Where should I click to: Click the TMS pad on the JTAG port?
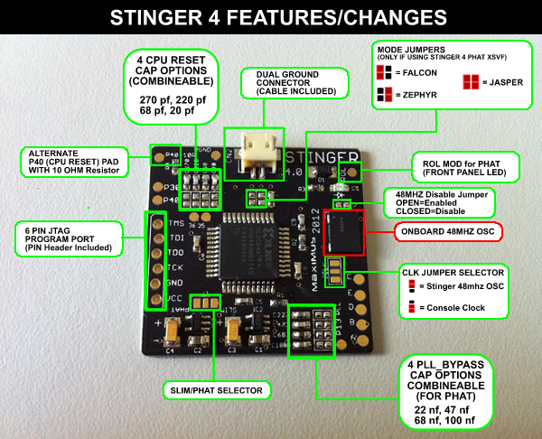(156, 221)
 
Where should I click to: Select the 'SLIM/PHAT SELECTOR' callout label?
(213, 390)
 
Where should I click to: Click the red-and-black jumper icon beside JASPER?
(470, 82)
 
